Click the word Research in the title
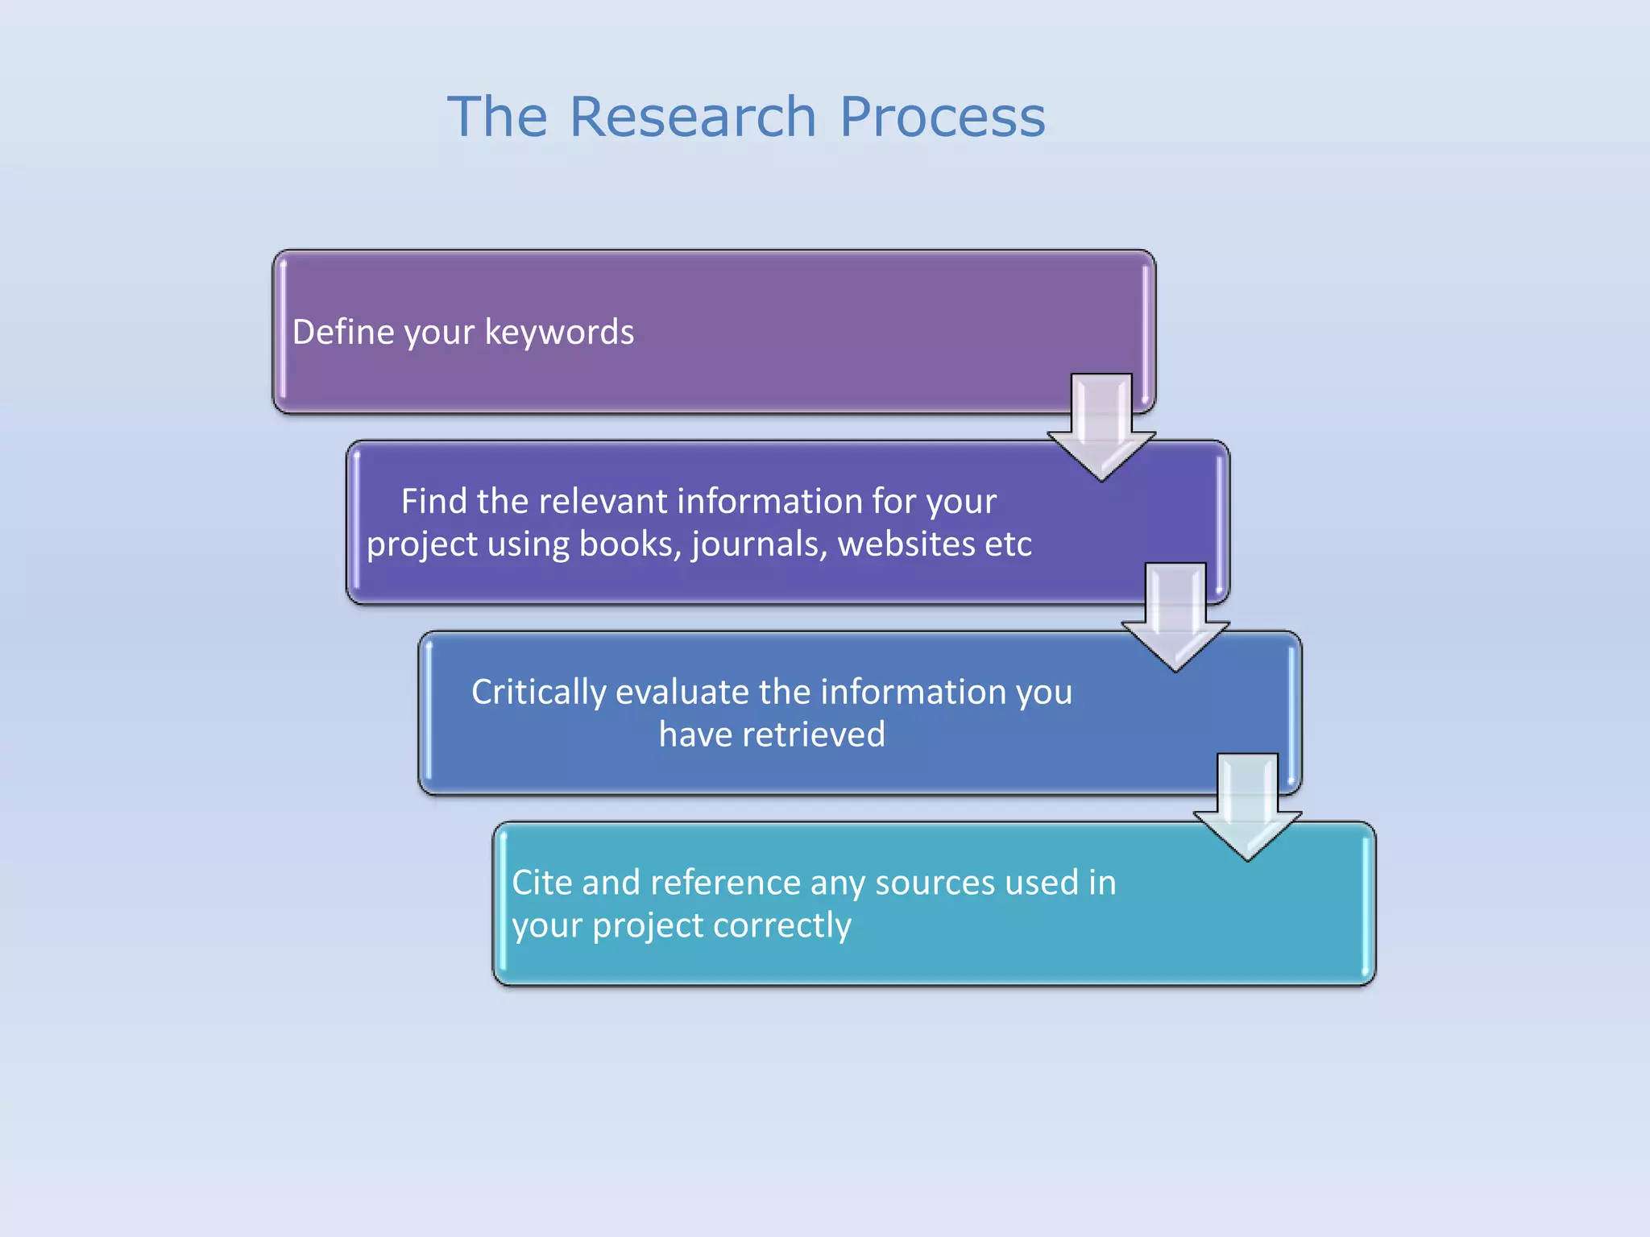pos(693,118)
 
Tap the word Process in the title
pos(942,118)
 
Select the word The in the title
pos(497,118)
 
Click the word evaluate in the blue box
pos(682,693)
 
